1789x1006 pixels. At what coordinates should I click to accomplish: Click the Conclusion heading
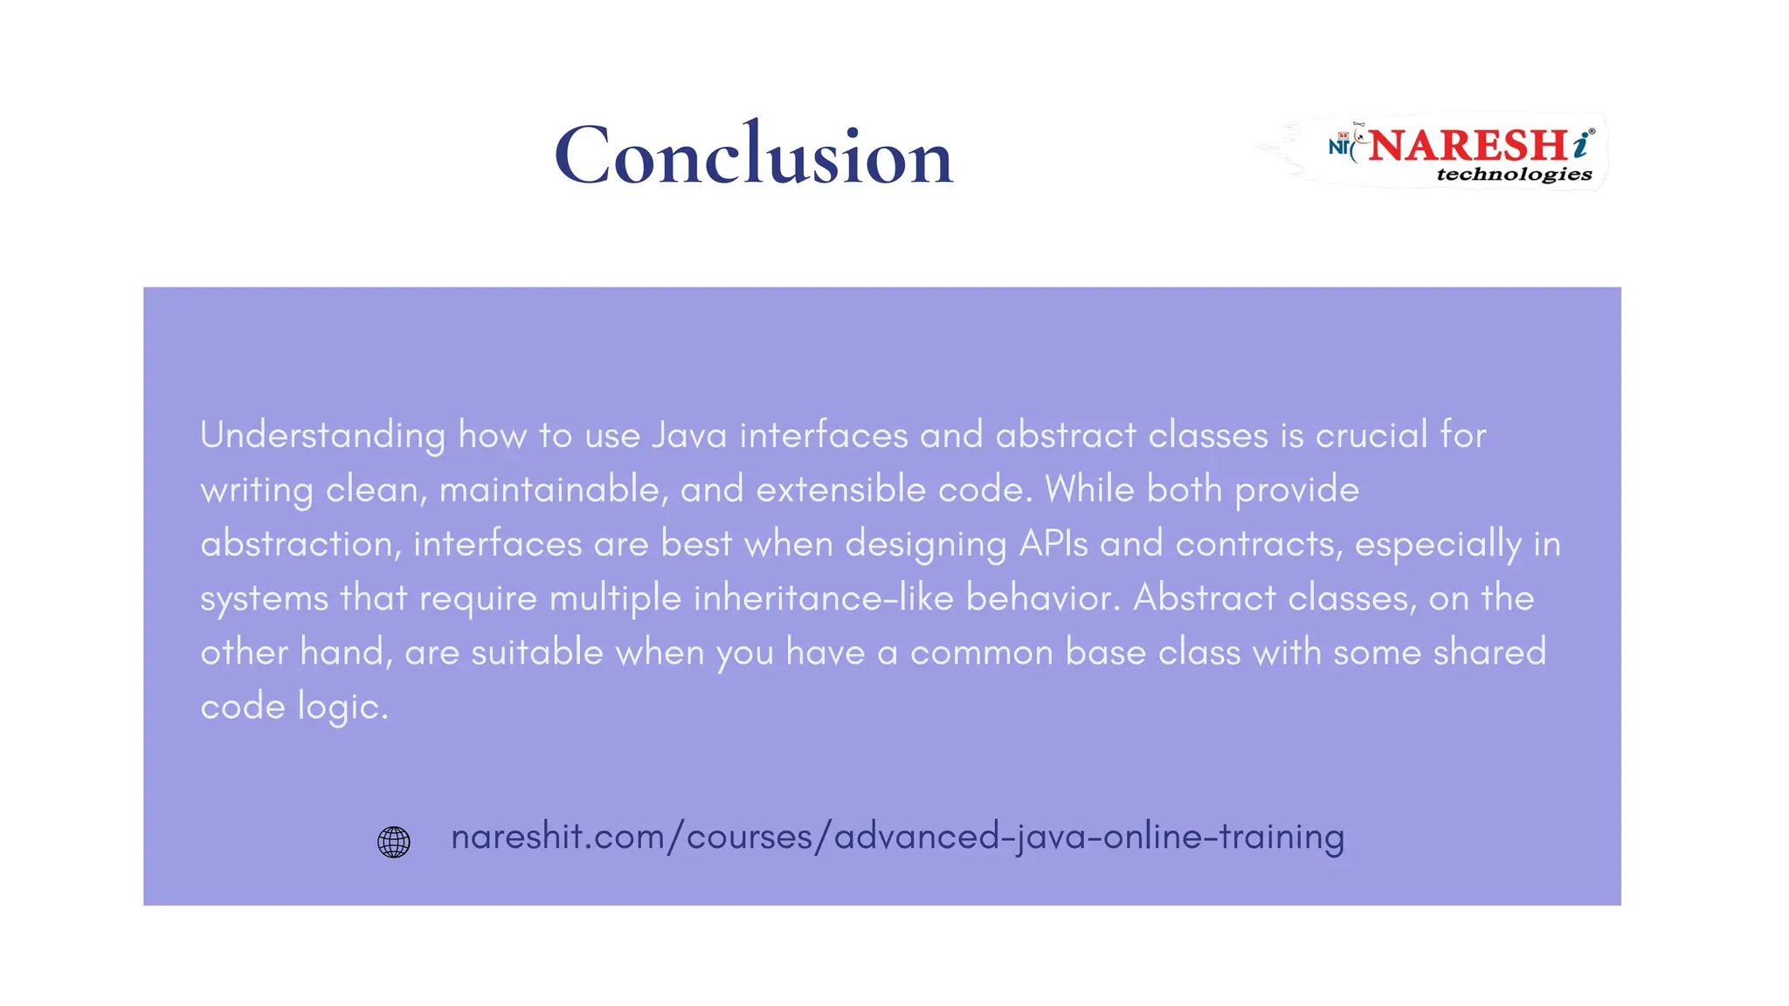(753, 155)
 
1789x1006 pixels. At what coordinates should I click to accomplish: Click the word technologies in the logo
(1514, 174)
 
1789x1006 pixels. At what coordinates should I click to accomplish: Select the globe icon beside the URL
(393, 842)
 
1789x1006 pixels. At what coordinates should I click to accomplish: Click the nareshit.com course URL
(897, 837)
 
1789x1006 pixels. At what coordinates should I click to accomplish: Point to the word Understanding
(322, 435)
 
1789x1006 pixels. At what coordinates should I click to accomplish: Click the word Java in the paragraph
(689, 435)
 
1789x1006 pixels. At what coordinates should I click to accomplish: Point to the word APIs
(1053, 543)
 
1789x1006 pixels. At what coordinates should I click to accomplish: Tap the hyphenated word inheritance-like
(823, 598)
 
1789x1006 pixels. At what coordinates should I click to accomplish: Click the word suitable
(536, 652)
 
